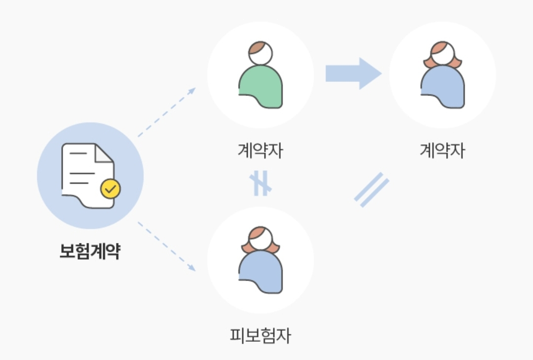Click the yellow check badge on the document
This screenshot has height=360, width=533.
coord(110,188)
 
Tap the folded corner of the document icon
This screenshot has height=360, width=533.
coord(105,153)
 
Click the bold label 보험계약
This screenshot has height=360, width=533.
coord(90,252)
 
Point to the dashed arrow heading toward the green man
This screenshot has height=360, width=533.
coord(166,112)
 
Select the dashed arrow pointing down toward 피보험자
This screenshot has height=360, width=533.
coord(166,246)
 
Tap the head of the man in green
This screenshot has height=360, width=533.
coord(261,53)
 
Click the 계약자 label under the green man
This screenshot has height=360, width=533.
coord(260,150)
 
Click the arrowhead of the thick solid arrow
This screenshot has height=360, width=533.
coord(370,74)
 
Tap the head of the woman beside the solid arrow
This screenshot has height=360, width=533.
coord(443,54)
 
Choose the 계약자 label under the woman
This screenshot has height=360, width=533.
coord(442,150)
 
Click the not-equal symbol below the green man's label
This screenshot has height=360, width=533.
coord(261,184)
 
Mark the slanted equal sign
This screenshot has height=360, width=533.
coord(372,190)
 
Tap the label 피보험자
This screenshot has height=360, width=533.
coord(260,336)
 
